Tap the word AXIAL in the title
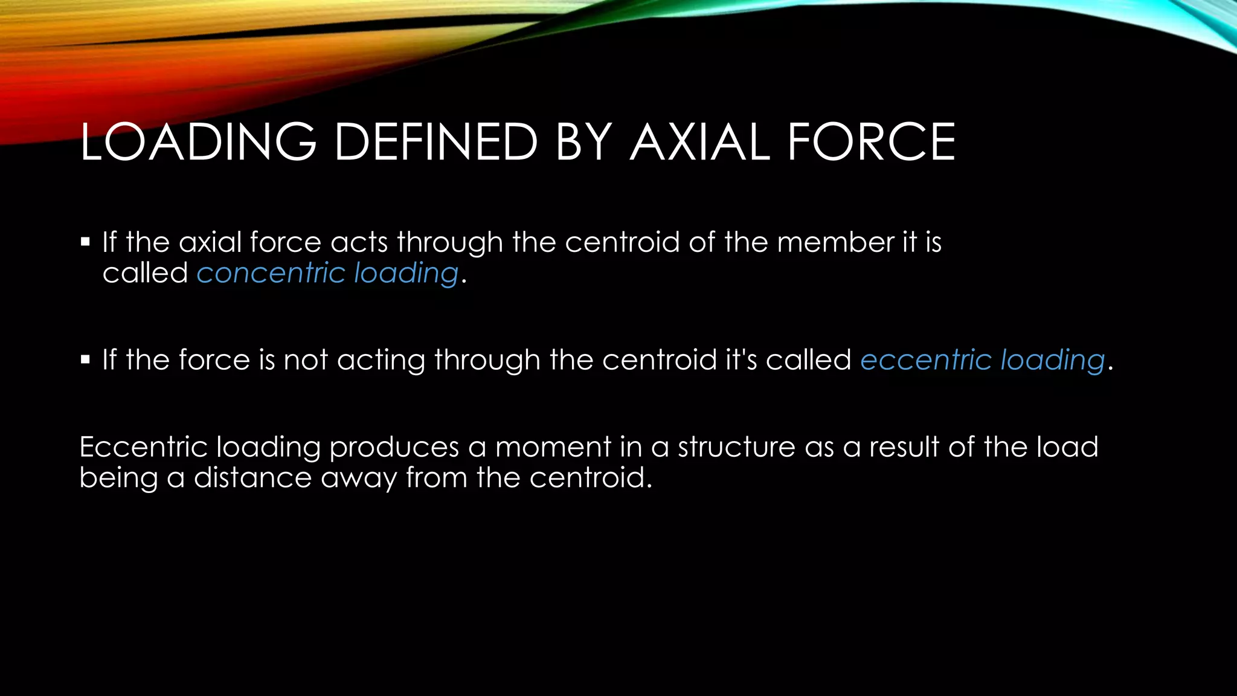[699, 142]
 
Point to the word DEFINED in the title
[435, 142]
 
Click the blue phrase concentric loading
[327, 273]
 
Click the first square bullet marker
[85, 242]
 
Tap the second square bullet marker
[85, 360]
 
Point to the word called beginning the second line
[145, 273]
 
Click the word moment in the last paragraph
[553, 447]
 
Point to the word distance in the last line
[252, 478]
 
